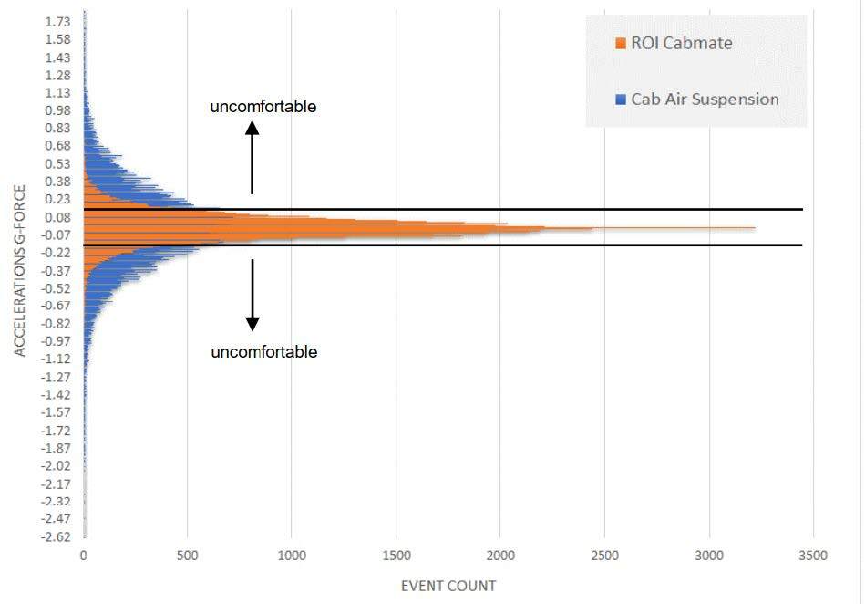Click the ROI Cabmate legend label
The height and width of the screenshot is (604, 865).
[681, 43]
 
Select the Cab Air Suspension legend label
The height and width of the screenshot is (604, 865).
[705, 99]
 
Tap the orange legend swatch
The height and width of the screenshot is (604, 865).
[622, 44]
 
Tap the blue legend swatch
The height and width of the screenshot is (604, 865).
[622, 99]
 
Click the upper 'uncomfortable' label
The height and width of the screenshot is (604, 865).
[263, 107]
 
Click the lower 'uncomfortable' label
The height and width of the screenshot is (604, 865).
[264, 351]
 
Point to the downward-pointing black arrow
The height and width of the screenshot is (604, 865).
[252, 295]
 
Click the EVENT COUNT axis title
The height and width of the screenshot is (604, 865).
[448, 586]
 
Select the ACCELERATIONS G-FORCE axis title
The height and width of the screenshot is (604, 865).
[20, 272]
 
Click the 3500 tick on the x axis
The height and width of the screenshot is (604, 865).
[812, 556]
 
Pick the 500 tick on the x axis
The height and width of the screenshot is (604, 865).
[188, 556]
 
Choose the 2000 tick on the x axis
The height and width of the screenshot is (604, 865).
[499, 556]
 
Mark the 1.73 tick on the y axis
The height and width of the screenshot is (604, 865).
[57, 21]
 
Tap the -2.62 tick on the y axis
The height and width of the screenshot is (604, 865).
[56, 536]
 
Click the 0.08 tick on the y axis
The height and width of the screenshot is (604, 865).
[57, 217]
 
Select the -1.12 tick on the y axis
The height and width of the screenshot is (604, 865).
[56, 359]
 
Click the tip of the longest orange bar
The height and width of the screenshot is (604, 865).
[755, 227]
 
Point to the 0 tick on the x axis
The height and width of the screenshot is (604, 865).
[84, 556]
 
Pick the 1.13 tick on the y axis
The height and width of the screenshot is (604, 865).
[57, 92]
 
